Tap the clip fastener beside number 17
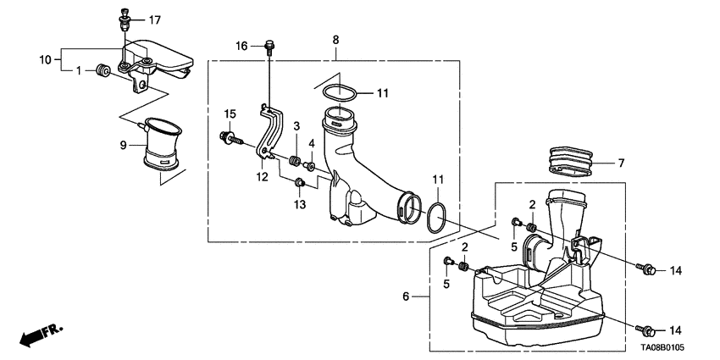tap(124, 17)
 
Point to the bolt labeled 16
tap(270, 47)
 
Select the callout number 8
tap(335, 40)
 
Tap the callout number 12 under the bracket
tap(263, 176)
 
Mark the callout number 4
tap(312, 143)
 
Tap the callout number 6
tap(405, 296)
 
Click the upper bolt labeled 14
tap(646, 269)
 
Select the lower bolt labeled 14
tap(646, 329)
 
